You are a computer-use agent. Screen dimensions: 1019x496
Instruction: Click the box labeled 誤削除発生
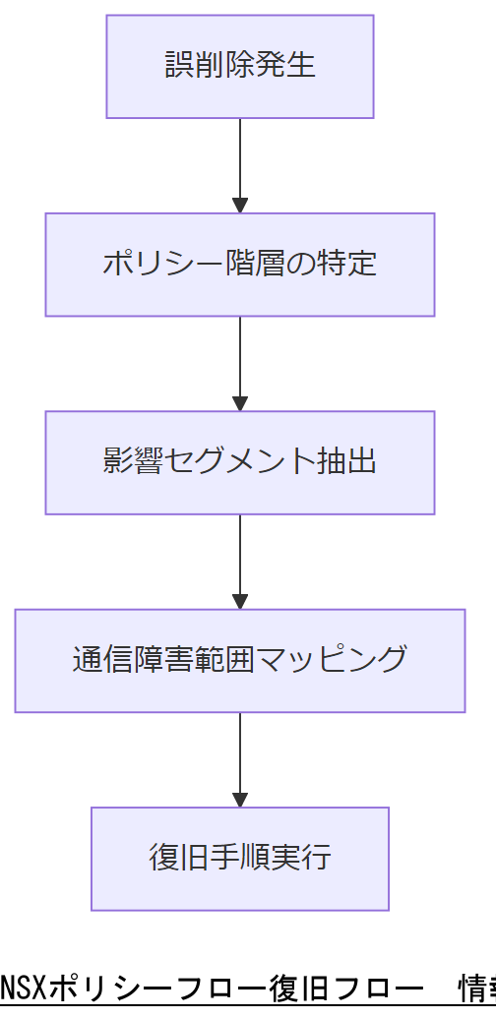239,66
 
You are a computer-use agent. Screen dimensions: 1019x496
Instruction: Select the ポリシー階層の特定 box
239,265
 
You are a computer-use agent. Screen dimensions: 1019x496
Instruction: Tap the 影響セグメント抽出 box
239,462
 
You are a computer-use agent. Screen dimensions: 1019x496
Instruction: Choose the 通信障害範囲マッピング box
239,660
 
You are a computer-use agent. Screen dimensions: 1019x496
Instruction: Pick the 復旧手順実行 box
239,859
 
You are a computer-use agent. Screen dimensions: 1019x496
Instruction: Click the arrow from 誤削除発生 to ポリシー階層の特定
239,162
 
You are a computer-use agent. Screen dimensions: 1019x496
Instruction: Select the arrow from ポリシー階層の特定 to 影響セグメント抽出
239,360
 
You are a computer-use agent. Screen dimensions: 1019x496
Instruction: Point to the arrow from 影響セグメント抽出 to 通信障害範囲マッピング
239,558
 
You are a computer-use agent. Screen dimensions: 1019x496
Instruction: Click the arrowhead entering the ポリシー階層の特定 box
239,206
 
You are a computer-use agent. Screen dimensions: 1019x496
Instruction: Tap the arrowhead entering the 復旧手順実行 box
239,800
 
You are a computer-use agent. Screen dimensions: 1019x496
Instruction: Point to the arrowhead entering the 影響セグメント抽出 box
239,403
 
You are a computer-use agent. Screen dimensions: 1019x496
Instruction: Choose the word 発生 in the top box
289,66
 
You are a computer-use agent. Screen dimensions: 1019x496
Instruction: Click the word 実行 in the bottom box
300,859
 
